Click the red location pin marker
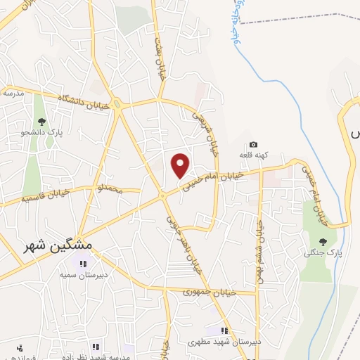tap(181, 165)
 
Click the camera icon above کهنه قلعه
tap(254, 144)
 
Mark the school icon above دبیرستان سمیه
tap(83, 264)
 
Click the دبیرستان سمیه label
tap(82, 276)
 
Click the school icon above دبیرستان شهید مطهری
tap(224, 330)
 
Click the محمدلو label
tap(109, 190)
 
